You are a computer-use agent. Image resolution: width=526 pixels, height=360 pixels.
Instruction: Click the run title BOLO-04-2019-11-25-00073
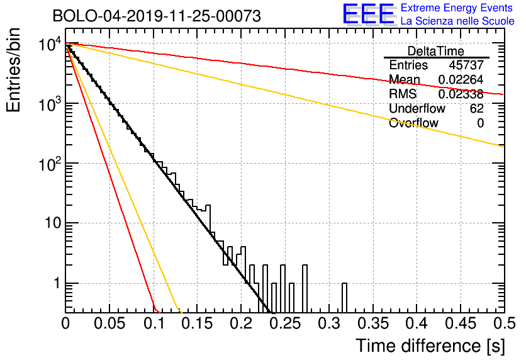click(157, 16)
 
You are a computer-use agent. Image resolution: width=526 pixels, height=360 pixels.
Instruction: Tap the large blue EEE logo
click(369, 14)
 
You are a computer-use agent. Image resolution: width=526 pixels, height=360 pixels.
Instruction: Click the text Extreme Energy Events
click(457, 8)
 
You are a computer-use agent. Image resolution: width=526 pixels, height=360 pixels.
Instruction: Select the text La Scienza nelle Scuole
click(457, 21)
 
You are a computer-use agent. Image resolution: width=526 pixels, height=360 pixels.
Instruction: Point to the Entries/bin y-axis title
click(13, 70)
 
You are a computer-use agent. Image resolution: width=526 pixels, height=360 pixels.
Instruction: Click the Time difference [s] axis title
click(430, 346)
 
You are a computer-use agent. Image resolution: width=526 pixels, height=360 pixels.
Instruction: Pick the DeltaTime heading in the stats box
click(436, 51)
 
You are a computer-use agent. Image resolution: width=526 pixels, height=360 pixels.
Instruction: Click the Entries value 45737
click(466, 65)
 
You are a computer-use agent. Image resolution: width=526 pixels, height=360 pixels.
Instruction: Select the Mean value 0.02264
click(461, 79)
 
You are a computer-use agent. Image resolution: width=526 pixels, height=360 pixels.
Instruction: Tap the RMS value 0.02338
click(461, 94)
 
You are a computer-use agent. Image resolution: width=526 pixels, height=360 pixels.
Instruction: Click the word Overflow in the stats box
click(413, 123)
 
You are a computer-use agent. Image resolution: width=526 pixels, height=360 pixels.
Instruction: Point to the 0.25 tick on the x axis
click(285, 323)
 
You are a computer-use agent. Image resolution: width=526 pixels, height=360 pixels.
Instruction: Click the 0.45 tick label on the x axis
click(461, 323)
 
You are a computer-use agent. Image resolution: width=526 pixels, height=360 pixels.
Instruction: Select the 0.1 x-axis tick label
click(154, 323)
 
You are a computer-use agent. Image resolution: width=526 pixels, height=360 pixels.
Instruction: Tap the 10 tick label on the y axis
click(53, 223)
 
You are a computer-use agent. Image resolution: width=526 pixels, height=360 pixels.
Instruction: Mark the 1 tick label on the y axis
click(57, 283)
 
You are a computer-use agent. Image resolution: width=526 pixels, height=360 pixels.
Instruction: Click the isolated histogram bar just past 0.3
click(344, 298)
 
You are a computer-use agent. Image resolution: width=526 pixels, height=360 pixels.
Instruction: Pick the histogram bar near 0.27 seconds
click(305, 288)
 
